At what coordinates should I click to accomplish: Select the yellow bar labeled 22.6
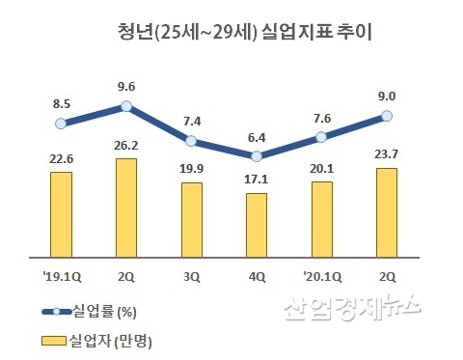click(x=61, y=215)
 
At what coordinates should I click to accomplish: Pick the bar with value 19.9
click(x=191, y=220)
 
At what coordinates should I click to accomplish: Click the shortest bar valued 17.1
click(x=257, y=226)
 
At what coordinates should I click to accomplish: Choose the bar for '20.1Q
click(x=321, y=220)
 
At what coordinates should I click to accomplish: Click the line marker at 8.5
click(x=61, y=123)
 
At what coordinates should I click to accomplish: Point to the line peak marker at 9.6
click(x=125, y=107)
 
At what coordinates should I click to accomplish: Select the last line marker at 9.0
click(x=387, y=116)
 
